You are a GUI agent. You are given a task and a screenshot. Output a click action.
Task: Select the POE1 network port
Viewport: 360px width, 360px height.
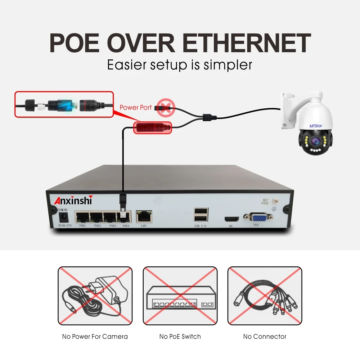coord(82,217)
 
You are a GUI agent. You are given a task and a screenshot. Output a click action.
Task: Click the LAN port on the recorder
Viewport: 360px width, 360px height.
coord(144,217)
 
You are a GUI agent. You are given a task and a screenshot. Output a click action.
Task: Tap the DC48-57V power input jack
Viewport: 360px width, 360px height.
coord(64,217)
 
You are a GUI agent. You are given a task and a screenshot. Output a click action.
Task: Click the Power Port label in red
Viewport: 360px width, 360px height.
coord(136,107)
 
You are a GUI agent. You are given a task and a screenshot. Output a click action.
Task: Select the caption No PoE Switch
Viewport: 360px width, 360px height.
coord(180,337)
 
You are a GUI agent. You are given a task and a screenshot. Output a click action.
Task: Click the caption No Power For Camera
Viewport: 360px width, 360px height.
coord(95,337)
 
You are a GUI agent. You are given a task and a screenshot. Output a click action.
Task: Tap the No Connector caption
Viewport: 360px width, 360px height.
coord(265,337)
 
